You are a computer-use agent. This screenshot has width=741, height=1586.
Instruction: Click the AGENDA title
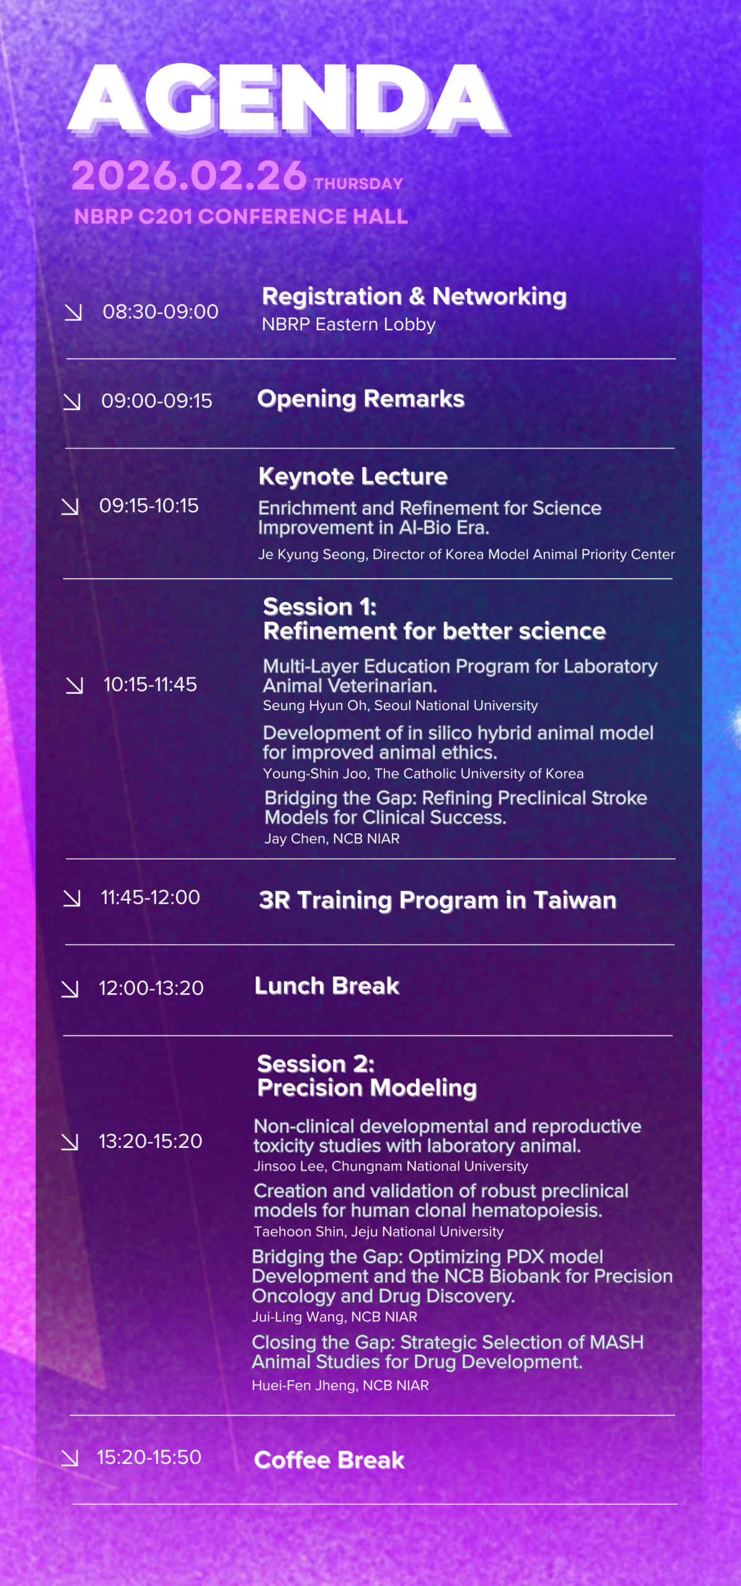pos(289,99)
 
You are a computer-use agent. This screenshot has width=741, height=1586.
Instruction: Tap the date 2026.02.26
pos(189,175)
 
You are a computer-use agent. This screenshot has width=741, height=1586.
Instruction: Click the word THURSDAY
pos(358,184)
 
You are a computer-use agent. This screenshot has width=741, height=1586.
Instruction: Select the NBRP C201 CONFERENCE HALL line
pos(241,216)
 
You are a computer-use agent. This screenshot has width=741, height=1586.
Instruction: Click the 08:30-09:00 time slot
pos(161,312)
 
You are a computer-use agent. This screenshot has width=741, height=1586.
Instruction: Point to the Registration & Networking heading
pos(414,296)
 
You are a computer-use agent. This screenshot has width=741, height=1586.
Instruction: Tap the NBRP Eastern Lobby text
pos(348,324)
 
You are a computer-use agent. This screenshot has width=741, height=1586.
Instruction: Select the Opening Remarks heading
pos(361,399)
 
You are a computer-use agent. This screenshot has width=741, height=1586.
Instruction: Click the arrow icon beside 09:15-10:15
pos(70,507)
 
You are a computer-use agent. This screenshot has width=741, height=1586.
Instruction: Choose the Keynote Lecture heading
pos(353,476)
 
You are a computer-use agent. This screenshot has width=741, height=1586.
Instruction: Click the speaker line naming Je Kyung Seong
pos(466,554)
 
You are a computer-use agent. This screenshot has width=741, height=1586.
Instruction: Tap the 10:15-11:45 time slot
pos(150,685)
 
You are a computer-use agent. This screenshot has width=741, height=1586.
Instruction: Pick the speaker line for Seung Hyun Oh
pos(400,706)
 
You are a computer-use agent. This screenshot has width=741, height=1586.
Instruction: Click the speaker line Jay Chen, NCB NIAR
pos(332,839)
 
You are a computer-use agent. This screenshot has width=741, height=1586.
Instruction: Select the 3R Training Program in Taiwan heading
pos(438,900)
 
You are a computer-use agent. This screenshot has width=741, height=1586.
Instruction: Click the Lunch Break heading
pos(327,986)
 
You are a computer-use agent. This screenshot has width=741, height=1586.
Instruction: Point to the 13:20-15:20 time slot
pos(151,1141)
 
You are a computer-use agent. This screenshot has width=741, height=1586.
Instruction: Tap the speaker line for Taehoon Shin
pos(378,1232)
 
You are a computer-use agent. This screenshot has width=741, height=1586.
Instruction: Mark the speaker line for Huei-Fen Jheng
pos(340,1385)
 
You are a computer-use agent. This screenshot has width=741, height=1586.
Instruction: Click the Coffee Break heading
pos(329,1460)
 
